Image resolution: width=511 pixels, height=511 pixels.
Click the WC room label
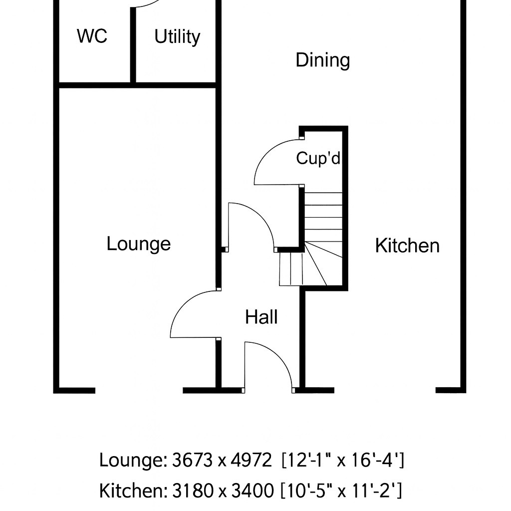[x=92, y=36]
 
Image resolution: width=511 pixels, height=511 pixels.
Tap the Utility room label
[x=177, y=36]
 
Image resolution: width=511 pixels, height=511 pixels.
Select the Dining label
[x=323, y=60]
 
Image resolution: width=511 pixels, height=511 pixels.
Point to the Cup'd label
[x=318, y=158]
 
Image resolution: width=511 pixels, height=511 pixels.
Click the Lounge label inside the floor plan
[x=139, y=244]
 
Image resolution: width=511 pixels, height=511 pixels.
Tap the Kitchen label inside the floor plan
[x=407, y=246]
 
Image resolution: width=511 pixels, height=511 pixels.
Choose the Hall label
[x=261, y=317]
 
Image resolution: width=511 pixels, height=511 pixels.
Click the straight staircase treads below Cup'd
[x=323, y=217]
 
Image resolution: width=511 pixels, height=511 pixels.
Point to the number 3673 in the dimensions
[x=193, y=460]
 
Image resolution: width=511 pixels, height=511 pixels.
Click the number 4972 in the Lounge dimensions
[x=251, y=460]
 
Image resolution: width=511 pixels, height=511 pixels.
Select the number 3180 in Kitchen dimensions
[x=193, y=491]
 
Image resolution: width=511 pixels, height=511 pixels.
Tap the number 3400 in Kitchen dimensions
[x=253, y=491]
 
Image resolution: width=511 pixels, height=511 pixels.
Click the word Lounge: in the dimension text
[x=133, y=461]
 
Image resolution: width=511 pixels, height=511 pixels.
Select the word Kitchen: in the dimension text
[x=133, y=491]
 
